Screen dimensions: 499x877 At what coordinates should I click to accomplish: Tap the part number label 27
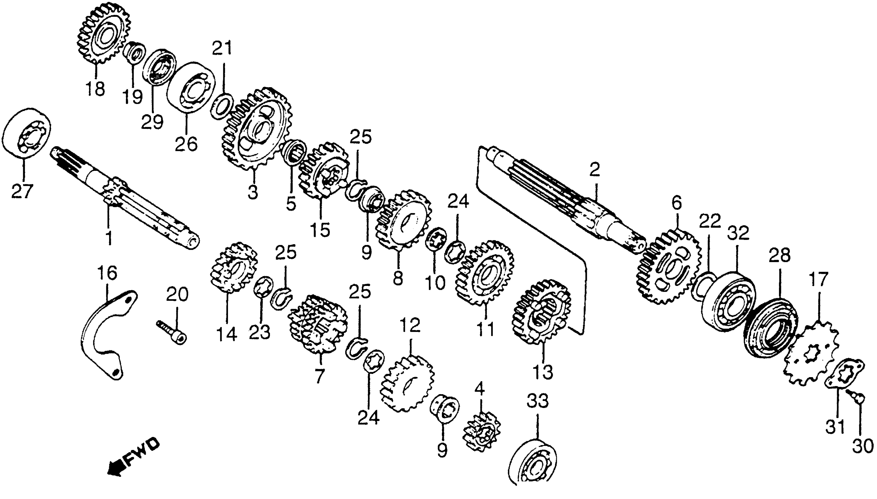coord(22,191)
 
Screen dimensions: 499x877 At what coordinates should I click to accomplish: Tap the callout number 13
coord(543,372)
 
